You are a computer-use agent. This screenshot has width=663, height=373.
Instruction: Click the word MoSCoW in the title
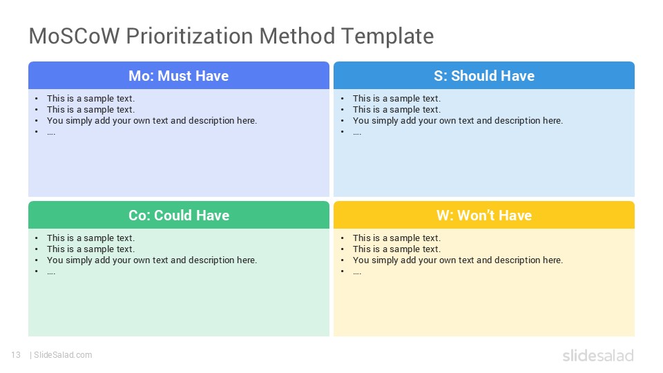[x=75, y=36]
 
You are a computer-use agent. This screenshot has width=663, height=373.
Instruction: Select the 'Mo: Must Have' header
[x=178, y=76]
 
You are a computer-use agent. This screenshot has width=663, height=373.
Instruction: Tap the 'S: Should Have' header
[x=484, y=76]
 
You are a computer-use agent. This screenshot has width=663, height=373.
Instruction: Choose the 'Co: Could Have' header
[x=178, y=216]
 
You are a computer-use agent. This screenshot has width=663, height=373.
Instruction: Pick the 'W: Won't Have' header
[x=484, y=216]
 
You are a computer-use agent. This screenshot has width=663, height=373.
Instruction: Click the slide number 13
[x=16, y=355]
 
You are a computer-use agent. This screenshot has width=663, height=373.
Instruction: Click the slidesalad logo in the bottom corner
[x=598, y=356]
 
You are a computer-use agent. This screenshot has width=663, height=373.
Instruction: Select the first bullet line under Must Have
[x=90, y=99]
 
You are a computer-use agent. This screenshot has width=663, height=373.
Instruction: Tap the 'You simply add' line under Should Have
[x=457, y=120]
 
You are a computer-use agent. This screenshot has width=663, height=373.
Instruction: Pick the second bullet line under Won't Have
[x=396, y=249]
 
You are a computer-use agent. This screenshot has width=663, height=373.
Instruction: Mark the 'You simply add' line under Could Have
[x=152, y=260]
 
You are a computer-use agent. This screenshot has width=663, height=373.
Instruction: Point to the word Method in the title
[x=297, y=36]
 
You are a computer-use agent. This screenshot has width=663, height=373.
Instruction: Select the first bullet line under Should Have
[x=396, y=99]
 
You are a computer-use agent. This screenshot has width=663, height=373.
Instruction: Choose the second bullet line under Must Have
[x=90, y=110]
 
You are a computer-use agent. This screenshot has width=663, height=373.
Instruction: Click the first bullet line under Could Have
[x=90, y=238]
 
